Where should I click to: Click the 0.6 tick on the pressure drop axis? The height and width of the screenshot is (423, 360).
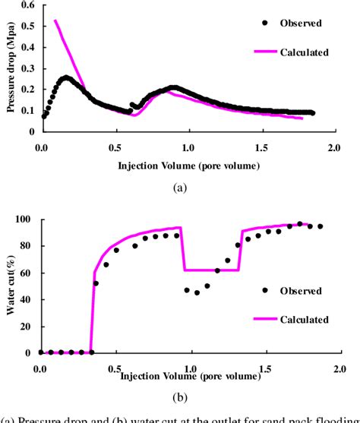[x=30, y=5]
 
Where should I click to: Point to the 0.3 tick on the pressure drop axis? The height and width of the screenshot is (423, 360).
[x=30, y=68]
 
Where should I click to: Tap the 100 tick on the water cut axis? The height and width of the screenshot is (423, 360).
[x=26, y=220]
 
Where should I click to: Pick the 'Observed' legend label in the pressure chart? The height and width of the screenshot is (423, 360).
[x=301, y=24]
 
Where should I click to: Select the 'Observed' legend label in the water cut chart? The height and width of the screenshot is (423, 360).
[x=300, y=290]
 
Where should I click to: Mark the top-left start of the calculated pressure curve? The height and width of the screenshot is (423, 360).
[x=55, y=21]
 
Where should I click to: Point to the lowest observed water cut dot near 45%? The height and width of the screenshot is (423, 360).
[x=197, y=292]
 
